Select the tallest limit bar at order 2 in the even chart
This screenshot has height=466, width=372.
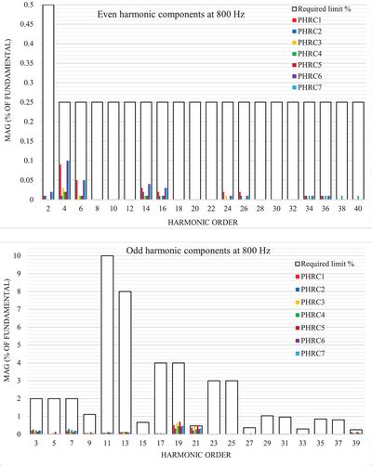(x=47, y=102)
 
